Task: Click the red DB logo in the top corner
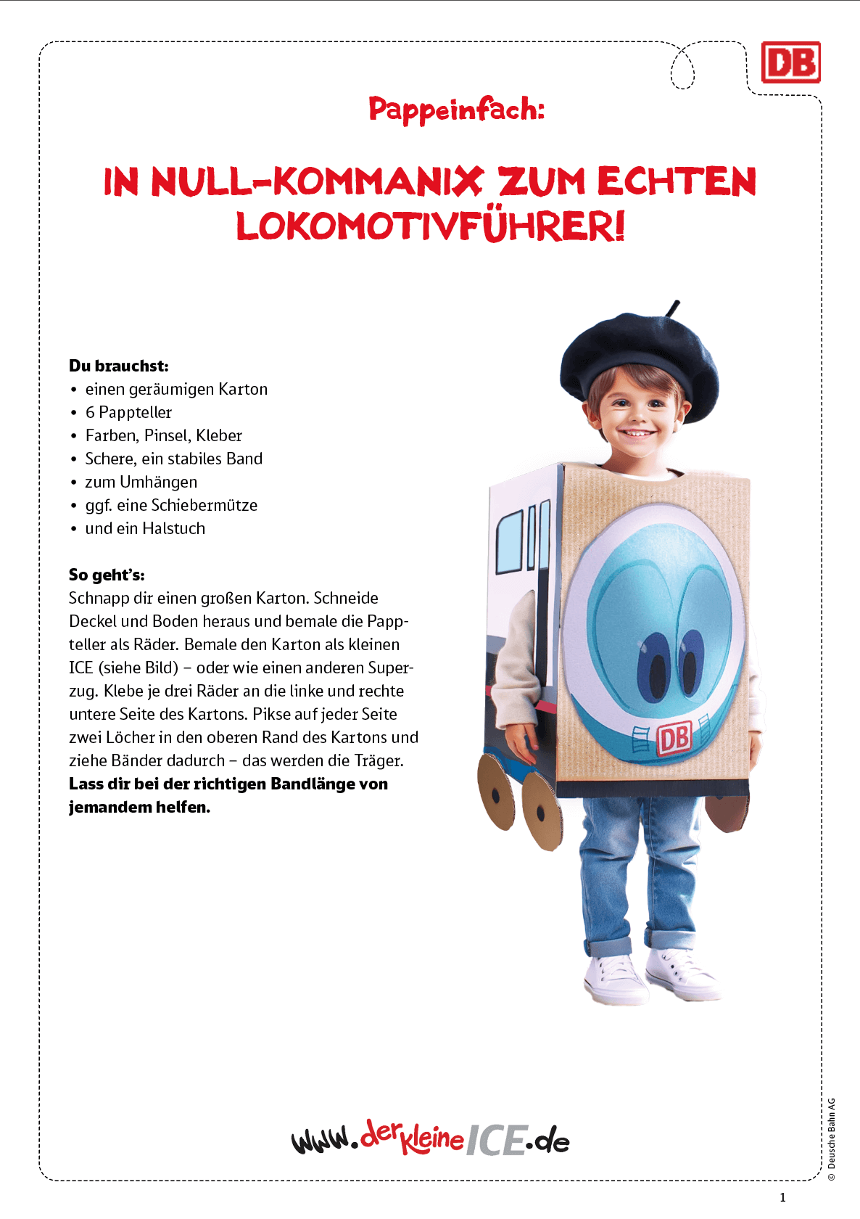(790, 62)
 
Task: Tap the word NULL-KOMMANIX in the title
(317, 181)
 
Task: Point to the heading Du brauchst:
(119, 366)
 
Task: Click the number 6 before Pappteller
(90, 412)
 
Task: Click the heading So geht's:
(107, 575)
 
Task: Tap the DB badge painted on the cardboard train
(674, 739)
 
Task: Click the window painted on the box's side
(510, 543)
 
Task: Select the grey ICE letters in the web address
(495, 1140)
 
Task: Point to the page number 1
(782, 1197)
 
